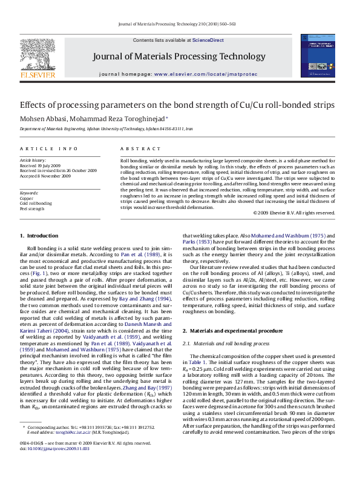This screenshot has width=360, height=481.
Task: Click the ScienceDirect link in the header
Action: point(208,40)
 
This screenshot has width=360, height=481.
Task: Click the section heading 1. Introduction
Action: point(39,235)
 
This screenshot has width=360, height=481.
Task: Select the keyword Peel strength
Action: point(31,208)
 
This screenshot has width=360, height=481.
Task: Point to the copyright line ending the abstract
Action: point(293,213)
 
